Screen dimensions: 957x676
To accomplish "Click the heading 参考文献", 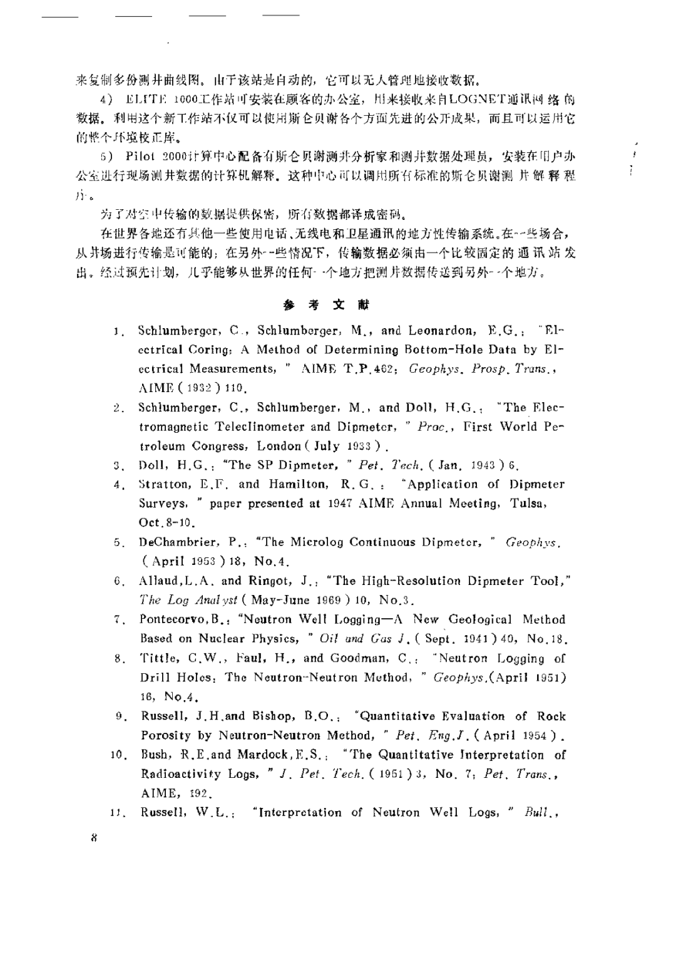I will coord(326,305).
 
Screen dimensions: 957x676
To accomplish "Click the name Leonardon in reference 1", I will coord(441,330).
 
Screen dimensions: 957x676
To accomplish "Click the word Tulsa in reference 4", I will coord(528,503).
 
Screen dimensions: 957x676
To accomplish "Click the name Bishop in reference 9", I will coord(273,716).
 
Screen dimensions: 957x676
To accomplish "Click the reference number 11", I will coord(118,813).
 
